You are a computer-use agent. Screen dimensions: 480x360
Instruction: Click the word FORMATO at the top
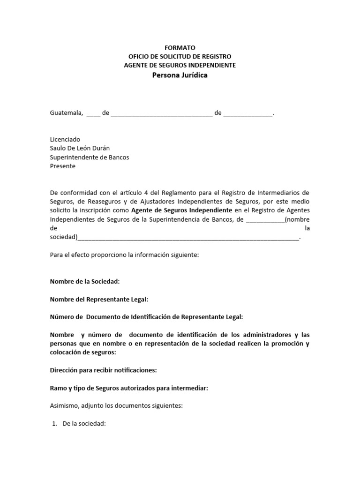180,48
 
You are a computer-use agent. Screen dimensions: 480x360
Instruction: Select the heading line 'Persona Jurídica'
180,75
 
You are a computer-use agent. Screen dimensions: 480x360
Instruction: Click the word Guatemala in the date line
66,113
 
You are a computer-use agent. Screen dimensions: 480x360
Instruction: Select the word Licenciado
65,140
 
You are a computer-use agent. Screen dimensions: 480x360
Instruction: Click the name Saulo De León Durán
80,149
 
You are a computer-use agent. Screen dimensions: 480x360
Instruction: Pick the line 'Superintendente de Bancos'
90,157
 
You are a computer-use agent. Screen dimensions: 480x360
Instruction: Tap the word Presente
62,166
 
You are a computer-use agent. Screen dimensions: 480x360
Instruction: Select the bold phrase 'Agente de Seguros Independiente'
181,210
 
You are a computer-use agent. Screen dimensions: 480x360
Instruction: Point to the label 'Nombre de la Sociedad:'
85,282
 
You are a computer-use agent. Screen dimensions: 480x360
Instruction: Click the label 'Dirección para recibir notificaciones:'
103,370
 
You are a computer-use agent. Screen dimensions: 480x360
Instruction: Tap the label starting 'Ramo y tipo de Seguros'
129,388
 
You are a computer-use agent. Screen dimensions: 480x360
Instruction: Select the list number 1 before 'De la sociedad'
54,424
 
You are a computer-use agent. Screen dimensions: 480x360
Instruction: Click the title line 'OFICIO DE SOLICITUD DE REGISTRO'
180,56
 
